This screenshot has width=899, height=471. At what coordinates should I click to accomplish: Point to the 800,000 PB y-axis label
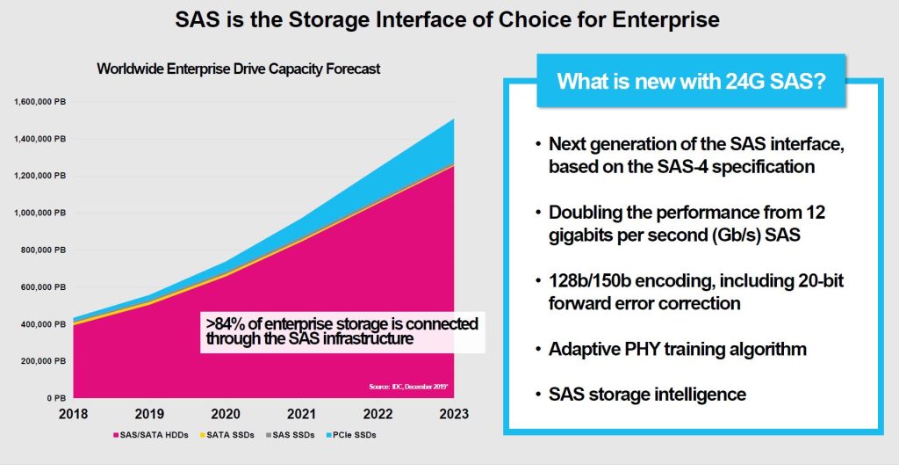pyautogui.click(x=41, y=250)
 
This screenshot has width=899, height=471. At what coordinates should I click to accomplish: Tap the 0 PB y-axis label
pyautogui.click(x=54, y=398)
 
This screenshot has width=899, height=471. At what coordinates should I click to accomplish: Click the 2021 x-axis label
pyautogui.click(x=302, y=414)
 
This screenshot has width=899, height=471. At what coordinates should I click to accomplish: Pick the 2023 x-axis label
pyautogui.click(x=453, y=414)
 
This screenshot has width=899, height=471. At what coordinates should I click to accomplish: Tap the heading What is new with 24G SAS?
pyautogui.click(x=689, y=82)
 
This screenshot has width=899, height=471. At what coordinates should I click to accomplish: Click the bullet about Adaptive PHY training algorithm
pyautogui.click(x=677, y=349)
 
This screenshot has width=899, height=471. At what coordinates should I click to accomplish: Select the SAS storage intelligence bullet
pyautogui.click(x=647, y=394)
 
